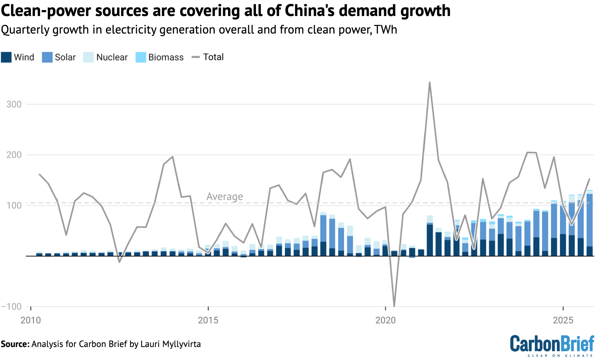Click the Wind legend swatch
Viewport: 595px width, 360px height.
pyautogui.click(x=6, y=57)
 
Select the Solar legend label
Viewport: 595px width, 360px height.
pyautogui.click(x=65, y=57)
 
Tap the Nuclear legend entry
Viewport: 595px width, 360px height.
pyautogui.click(x=112, y=57)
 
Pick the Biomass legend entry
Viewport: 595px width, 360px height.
pyautogui.click(x=166, y=57)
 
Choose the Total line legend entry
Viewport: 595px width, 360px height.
pyautogui.click(x=213, y=57)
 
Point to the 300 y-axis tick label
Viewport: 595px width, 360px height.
pyautogui.click(x=14, y=104)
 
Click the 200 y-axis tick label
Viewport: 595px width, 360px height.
pyautogui.click(x=14, y=155)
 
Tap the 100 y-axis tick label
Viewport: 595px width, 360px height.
pyautogui.click(x=14, y=206)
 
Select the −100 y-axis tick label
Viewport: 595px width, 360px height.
pyautogui.click(x=11, y=307)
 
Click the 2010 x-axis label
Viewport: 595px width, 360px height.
pyautogui.click(x=31, y=320)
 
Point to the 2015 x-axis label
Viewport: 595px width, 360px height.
pyautogui.click(x=208, y=320)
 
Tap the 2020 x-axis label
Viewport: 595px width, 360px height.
pyautogui.click(x=386, y=320)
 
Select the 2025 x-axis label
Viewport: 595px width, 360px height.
pyautogui.click(x=563, y=320)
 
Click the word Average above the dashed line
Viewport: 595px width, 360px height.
pyautogui.click(x=225, y=197)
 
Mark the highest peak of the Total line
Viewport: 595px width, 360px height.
pyautogui.click(x=429, y=82)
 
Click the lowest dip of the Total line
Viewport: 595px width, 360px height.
pyautogui.click(x=394, y=306)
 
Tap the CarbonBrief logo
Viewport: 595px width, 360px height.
pyautogui.click(x=552, y=345)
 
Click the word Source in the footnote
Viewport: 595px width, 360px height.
pyautogui.click(x=14, y=344)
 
